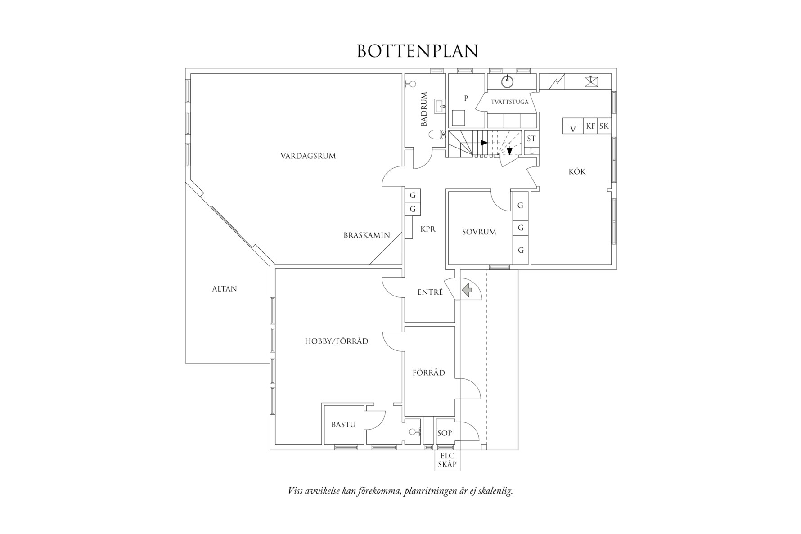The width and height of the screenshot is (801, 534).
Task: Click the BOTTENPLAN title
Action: tap(417, 51)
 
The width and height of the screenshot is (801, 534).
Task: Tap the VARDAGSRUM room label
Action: tap(308, 156)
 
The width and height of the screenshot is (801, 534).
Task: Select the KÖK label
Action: tap(577, 171)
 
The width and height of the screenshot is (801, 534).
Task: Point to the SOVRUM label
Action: tap(479, 232)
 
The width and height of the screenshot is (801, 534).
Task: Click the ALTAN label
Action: tap(225, 289)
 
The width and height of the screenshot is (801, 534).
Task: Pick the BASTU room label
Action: tap(343, 424)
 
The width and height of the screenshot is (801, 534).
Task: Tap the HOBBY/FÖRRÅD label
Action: tap(337, 341)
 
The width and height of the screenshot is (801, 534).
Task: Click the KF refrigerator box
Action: tap(590, 126)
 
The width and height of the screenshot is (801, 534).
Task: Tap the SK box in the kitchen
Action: tap(604, 126)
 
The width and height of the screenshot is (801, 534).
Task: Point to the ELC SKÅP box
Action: tap(447, 460)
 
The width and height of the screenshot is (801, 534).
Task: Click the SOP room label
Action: tap(445, 433)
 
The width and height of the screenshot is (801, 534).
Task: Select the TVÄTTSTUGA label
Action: tap(510, 102)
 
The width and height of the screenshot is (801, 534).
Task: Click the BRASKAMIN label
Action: tap(367, 235)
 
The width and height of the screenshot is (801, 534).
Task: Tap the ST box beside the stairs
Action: tap(531, 139)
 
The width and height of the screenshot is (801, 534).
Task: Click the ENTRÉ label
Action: tap(430, 292)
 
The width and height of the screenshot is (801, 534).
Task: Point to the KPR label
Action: tap(428, 229)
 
